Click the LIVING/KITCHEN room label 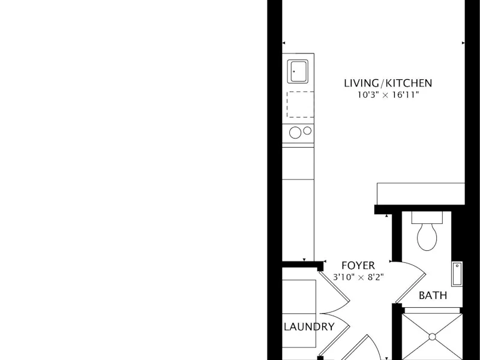coord(388,83)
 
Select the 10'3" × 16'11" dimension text coord(388,95)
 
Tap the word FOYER coord(358,265)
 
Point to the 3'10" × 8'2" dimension coord(358,277)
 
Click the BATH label coord(433,295)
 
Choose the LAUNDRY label coord(309,326)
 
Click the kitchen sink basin coord(298,71)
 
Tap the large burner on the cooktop coord(295,133)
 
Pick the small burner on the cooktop coord(307,131)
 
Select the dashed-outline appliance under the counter coord(300,104)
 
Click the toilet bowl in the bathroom coord(427,236)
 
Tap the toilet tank coord(427,217)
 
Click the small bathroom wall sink coord(457,274)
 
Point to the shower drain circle coord(432,337)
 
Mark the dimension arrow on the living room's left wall coord(283,43)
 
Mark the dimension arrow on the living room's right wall coord(463,43)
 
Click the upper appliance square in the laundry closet coord(299,296)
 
